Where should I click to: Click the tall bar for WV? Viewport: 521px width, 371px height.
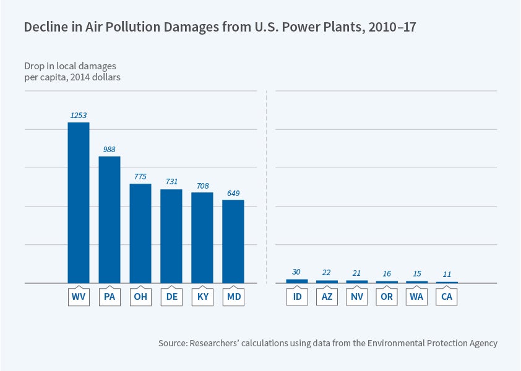pyautogui.click(x=79, y=202)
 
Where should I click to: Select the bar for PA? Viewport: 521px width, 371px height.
pyautogui.click(x=110, y=220)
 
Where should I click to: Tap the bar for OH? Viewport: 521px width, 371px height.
pyautogui.click(x=140, y=233)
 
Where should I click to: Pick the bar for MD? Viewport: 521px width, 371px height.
pyautogui.click(x=233, y=241)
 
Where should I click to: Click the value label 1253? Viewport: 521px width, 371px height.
pyautogui.click(x=79, y=115)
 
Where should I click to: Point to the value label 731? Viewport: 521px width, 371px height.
pyautogui.click(x=171, y=182)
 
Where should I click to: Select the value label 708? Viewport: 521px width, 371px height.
pyautogui.click(x=202, y=185)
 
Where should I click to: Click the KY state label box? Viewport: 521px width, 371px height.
pyautogui.click(x=202, y=297)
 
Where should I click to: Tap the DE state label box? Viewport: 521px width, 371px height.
pyautogui.click(x=171, y=297)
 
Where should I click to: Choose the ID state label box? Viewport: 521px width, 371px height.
pyautogui.click(x=296, y=297)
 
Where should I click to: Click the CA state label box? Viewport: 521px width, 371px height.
pyautogui.click(x=447, y=297)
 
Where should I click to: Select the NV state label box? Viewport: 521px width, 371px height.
pyautogui.click(x=356, y=297)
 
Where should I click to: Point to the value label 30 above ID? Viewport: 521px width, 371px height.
pyautogui.click(x=296, y=272)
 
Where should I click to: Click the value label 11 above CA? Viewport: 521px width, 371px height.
pyautogui.click(x=447, y=275)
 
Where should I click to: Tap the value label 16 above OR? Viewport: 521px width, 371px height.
pyautogui.click(x=387, y=274)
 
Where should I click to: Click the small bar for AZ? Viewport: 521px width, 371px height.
pyautogui.click(x=327, y=281)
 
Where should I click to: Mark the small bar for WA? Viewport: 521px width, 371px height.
pyautogui.click(x=417, y=282)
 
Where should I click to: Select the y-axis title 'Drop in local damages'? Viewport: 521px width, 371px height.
pyautogui.click(x=70, y=66)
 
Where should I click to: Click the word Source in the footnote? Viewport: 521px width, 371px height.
pyautogui.click(x=173, y=343)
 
